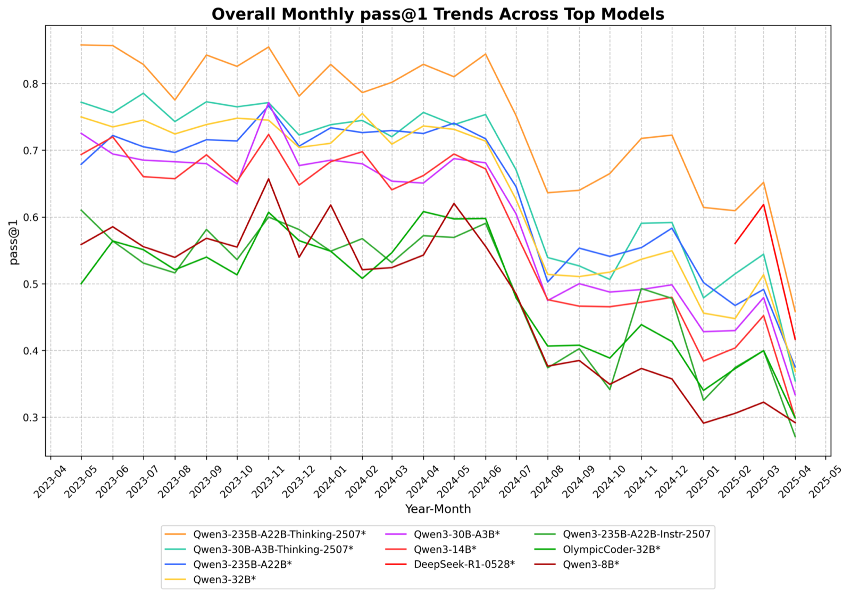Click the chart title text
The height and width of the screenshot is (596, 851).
pyautogui.click(x=438, y=14)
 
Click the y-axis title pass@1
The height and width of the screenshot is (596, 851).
pyautogui.click(x=14, y=242)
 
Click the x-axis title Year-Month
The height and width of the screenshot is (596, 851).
pyautogui.click(x=438, y=509)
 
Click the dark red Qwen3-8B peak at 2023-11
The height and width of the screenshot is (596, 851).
pyautogui.click(x=269, y=179)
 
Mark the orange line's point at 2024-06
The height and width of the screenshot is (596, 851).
pyautogui.click(x=485, y=54)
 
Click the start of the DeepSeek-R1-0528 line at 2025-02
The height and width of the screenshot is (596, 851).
pyautogui.click(x=735, y=244)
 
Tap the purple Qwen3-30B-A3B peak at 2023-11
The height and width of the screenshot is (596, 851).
pyautogui.click(x=269, y=103)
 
